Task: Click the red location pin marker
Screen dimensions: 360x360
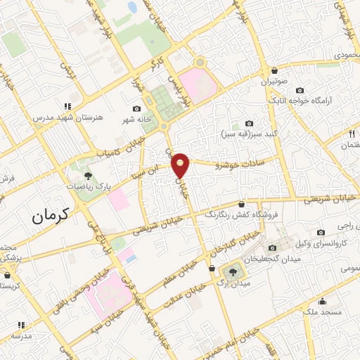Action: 181,165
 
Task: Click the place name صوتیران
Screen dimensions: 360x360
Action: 275,82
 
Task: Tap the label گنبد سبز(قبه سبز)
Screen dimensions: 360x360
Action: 251,134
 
